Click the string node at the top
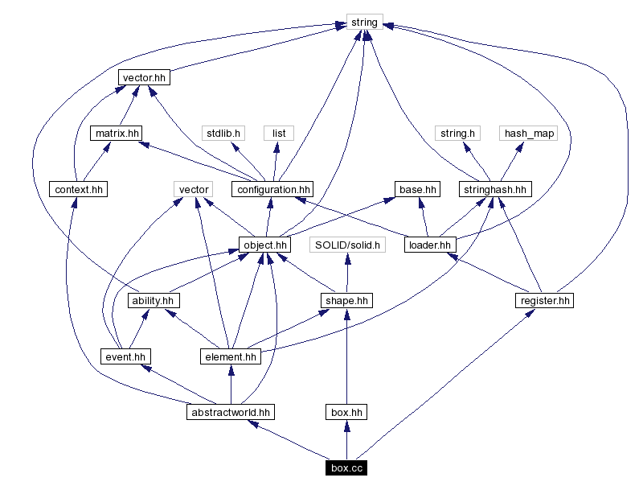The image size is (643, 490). [364, 22]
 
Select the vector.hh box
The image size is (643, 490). [145, 77]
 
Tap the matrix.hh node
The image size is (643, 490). [115, 133]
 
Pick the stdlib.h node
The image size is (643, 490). [223, 133]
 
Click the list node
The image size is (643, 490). [279, 133]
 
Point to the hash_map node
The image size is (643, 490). [529, 133]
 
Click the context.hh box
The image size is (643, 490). [78, 189]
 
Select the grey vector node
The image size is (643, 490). [194, 189]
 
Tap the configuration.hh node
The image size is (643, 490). [272, 189]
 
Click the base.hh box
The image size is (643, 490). [418, 189]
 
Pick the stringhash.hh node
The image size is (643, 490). [496, 189]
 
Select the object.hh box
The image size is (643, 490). [264, 245]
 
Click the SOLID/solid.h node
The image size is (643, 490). [347, 245]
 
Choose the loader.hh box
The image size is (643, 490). [430, 245]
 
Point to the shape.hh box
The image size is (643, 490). [346, 300]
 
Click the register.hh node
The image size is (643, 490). [544, 300]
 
